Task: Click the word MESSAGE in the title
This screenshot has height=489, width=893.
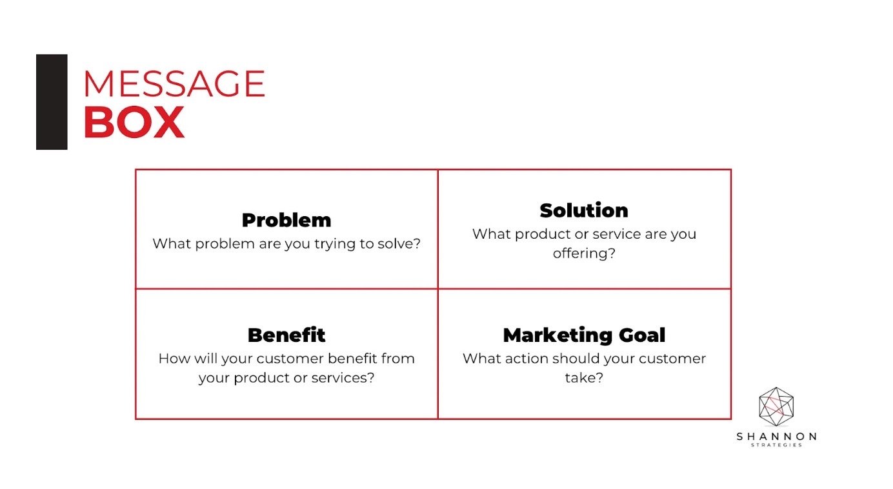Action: click(x=174, y=83)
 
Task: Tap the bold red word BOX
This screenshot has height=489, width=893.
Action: click(x=134, y=122)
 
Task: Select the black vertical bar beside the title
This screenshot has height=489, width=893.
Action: click(x=52, y=102)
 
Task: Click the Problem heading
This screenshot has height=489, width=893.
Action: click(x=286, y=221)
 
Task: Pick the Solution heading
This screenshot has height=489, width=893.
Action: click(x=584, y=210)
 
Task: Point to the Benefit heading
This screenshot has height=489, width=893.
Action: click(x=286, y=335)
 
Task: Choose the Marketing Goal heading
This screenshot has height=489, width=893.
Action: click(x=584, y=335)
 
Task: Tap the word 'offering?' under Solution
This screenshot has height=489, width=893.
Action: click(x=584, y=253)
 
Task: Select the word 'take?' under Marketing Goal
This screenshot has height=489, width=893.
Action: click(x=584, y=377)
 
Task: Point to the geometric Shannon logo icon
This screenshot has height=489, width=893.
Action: click(x=776, y=406)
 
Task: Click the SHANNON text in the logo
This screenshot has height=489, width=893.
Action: click(x=776, y=436)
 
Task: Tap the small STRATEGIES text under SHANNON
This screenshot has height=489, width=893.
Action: click(x=776, y=444)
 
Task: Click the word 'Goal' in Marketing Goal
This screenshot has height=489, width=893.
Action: click(x=642, y=335)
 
